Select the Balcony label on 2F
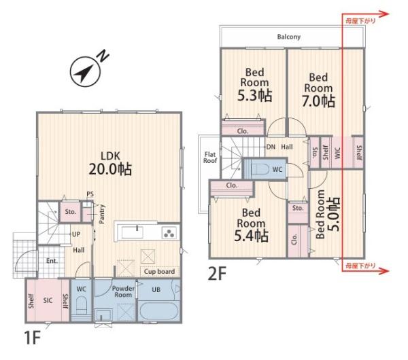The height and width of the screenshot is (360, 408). (x=289, y=37)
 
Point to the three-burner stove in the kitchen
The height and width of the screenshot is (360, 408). (x=169, y=232)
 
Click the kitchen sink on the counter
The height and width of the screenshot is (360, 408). (x=132, y=232)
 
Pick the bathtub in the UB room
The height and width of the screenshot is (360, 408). (x=159, y=310)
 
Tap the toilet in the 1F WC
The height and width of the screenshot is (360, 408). (x=82, y=306)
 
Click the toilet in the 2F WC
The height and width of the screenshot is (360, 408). (x=260, y=170)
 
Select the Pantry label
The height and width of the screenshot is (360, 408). (x=102, y=214)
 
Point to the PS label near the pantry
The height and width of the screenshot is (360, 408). (x=90, y=194)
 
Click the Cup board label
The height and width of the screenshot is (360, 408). (x=159, y=272)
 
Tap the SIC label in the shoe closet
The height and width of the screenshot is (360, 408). (x=48, y=300)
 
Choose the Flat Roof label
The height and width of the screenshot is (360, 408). (x=210, y=158)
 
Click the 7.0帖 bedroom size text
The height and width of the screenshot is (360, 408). (x=318, y=101)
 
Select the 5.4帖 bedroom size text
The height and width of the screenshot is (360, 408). (x=251, y=236)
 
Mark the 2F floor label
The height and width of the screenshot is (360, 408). (x=217, y=274)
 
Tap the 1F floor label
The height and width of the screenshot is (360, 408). (x=32, y=338)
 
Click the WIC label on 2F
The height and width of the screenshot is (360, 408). (x=337, y=153)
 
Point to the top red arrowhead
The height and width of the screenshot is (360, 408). (x=384, y=14)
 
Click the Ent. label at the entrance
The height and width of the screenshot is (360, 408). (x=52, y=261)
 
